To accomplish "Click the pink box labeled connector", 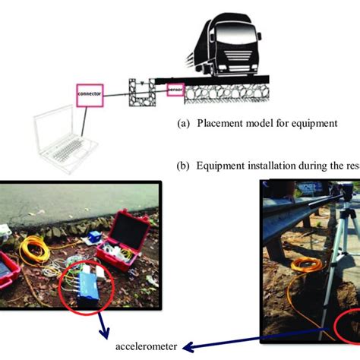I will click(90, 92).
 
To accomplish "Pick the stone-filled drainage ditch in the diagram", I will click(141, 91).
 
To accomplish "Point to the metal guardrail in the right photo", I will click(304, 213).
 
